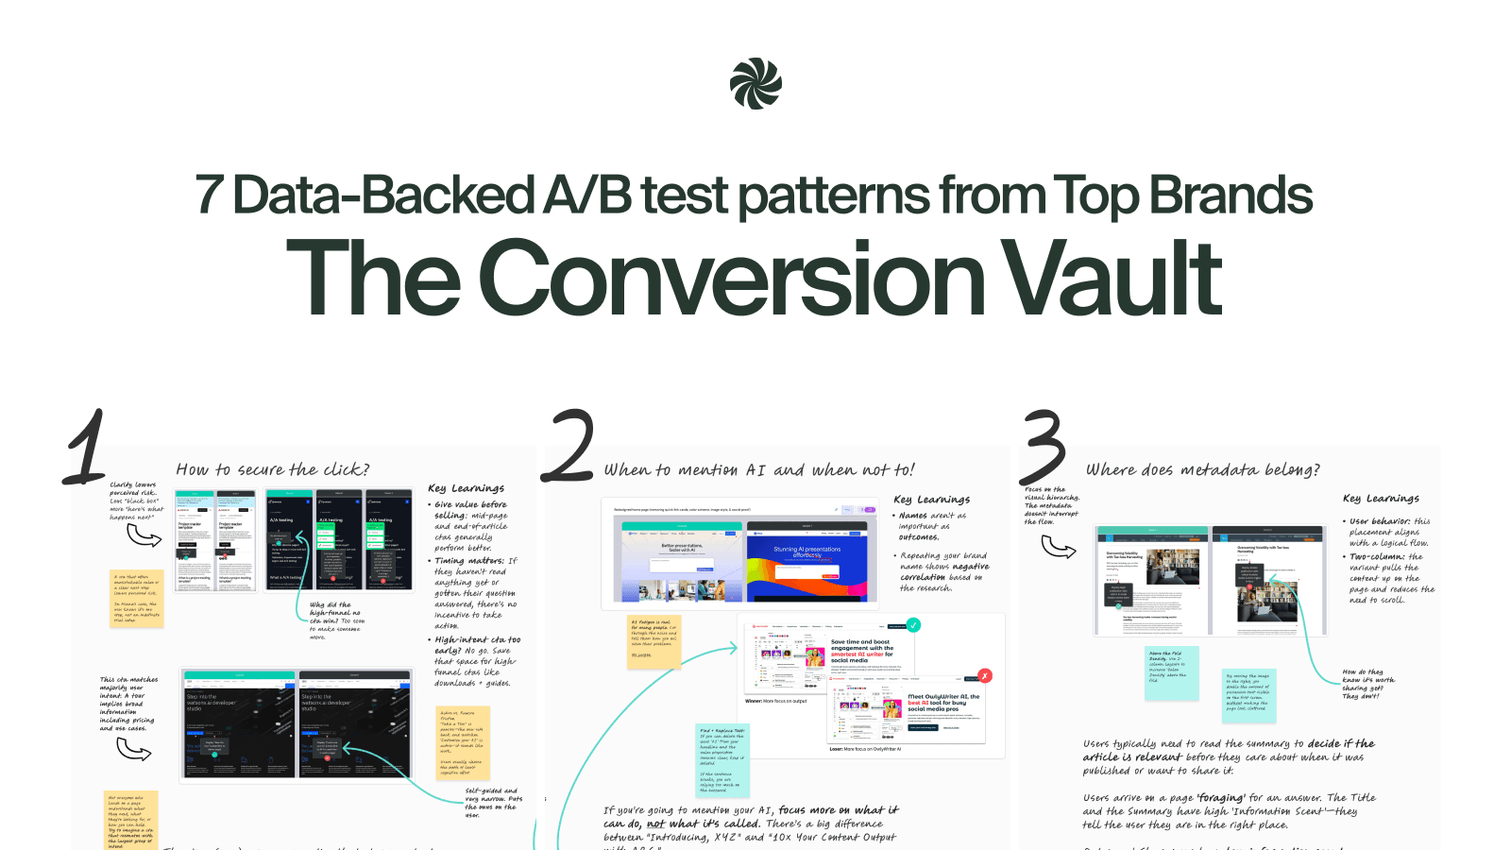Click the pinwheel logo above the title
pos(755,84)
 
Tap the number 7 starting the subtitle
pos(209,195)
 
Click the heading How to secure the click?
pos(272,469)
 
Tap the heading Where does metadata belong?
pos(1202,469)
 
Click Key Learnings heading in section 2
pos(931,499)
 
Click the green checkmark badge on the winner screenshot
pos(913,625)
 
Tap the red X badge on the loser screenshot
pos(985,675)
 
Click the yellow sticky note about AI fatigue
pos(654,642)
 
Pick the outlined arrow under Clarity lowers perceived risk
pos(144,535)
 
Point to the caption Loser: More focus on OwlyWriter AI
pos(865,749)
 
